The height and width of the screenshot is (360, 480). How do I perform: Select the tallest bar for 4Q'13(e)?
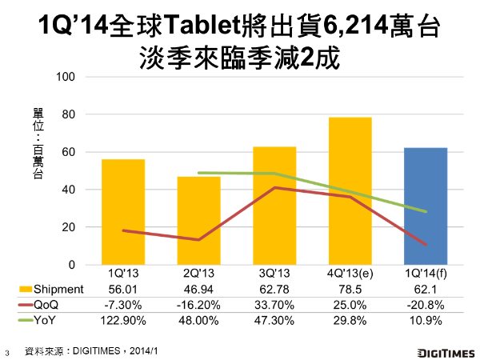pos(350,191)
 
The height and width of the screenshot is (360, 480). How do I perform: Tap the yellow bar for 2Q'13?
pos(198,221)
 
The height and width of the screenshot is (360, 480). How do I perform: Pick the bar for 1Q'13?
pos(123,212)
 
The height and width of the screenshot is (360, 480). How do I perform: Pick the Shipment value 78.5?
pos(350,288)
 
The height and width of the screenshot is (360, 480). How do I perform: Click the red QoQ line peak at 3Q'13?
pos(274,188)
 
